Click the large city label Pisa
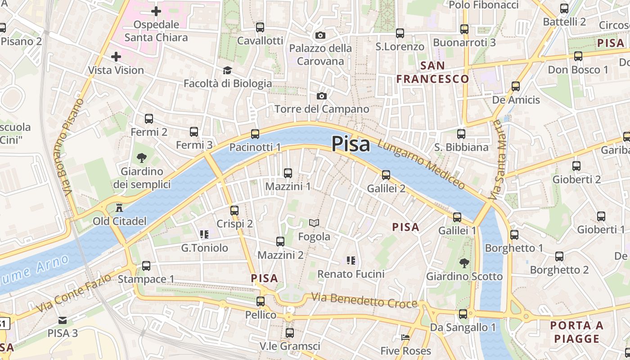point(351,144)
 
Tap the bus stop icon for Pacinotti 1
point(255,134)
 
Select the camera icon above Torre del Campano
point(321,96)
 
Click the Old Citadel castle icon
point(119,208)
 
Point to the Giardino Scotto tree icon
point(464,263)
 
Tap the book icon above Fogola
point(314,223)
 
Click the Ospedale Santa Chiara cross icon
point(156,11)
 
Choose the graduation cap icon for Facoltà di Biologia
point(227,71)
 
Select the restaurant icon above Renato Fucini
point(351,260)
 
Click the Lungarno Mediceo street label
point(421,164)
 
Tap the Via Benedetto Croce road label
point(364,301)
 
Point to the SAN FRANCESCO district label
point(433,72)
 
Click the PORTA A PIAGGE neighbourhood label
point(577,332)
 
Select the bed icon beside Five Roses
point(405,337)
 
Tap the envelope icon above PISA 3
point(63,320)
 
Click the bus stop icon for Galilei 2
point(386,175)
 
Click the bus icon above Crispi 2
point(234,210)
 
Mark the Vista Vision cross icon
point(116,57)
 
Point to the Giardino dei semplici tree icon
point(142,158)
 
